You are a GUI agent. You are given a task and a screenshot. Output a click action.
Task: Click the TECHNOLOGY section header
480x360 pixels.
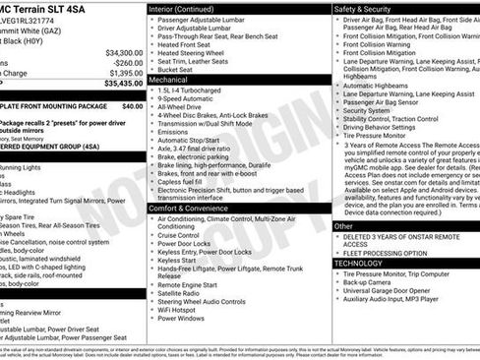point(359,264)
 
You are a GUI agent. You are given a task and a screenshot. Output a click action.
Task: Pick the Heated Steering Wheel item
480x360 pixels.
point(197,64)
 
